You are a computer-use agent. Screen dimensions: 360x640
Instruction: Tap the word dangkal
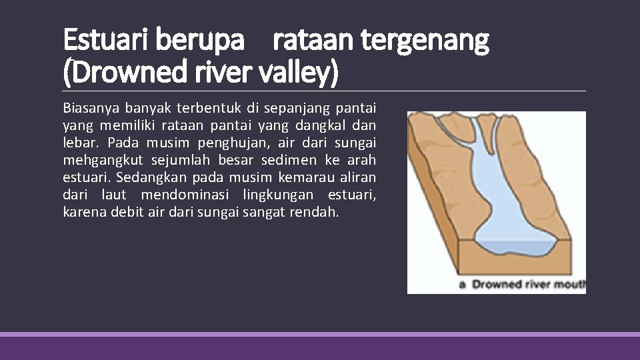coord(329,125)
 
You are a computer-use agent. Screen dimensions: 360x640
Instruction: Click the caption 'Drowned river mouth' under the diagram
coord(527,285)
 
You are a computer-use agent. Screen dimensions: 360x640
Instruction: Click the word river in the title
coord(212,73)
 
